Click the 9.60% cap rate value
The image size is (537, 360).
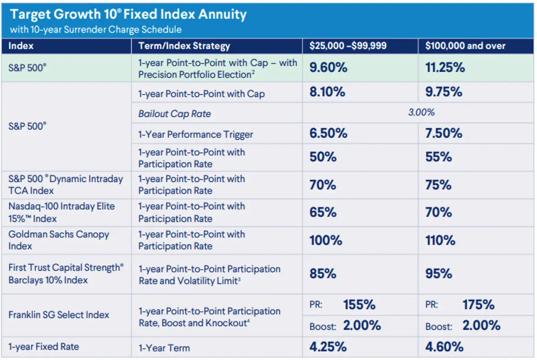(328, 68)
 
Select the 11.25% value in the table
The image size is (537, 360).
(445, 68)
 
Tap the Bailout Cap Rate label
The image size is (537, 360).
(175, 114)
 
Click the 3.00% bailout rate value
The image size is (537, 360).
(421, 112)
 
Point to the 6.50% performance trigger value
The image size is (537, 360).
(328, 133)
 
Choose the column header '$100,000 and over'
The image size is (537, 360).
(465, 46)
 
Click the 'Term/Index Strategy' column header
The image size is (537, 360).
(184, 46)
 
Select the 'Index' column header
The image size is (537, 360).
(21, 46)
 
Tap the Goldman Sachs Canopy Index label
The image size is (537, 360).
(59, 240)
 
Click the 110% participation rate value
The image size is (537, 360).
(440, 240)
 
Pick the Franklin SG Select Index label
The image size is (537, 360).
(59, 315)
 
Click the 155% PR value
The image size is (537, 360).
(359, 305)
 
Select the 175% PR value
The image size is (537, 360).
(478, 305)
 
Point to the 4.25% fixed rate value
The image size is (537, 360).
(328, 347)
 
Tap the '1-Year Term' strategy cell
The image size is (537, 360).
(164, 347)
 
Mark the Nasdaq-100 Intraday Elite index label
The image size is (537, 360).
(62, 212)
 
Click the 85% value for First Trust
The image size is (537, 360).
(323, 274)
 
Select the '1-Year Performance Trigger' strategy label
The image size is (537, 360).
(196, 134)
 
